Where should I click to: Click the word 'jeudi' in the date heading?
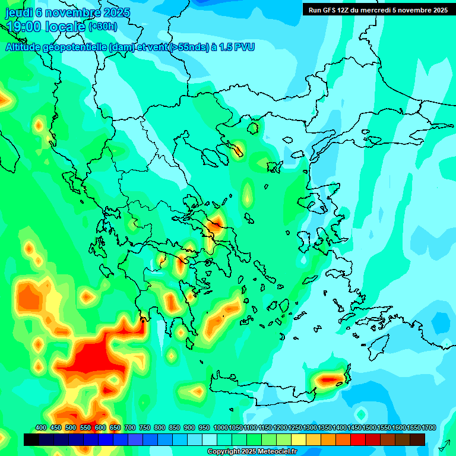(x=18, y=12)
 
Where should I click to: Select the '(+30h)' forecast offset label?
(x=103, y=27)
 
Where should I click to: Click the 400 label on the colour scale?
(x=41, y=427)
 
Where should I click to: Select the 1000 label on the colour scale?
(x=220, y=427)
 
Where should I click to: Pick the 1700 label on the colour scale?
(x=428, y=427)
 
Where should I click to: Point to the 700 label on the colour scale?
(x=130, y=427)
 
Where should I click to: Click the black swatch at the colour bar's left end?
(x=31, y=439)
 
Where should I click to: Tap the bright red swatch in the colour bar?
(x=358, y=439)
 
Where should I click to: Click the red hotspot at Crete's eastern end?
(x=328, y=378)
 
